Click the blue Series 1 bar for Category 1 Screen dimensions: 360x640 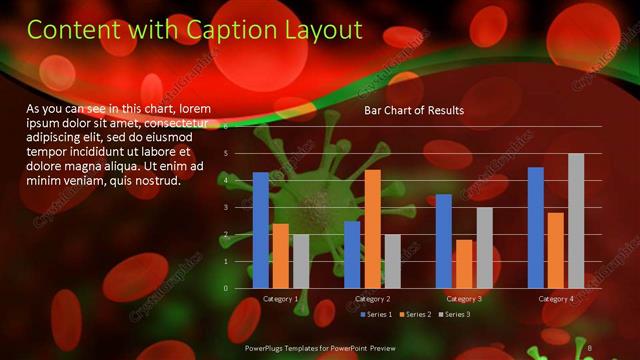tap(260, 230)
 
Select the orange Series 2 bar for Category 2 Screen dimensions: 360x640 tap(372, 229)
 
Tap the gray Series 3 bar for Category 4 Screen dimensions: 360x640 tap(576, 221)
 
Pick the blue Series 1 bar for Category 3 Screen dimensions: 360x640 tap(444, 241)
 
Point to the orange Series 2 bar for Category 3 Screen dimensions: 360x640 tap(464, 264)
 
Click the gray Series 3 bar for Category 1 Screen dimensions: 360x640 tap(301, 261)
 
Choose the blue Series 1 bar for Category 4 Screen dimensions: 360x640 tap(536, 228)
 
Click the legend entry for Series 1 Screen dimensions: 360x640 tap(377, 315)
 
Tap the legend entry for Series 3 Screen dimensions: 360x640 tap(455, 315)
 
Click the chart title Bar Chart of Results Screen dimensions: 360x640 tap(413, 110)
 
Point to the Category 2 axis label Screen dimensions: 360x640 tap(372, 299)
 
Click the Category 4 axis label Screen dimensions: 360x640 tap(556, 299)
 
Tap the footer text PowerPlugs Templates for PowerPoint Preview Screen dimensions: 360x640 tap(320, 348)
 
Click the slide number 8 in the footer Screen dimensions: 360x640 tap(590, 348)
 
